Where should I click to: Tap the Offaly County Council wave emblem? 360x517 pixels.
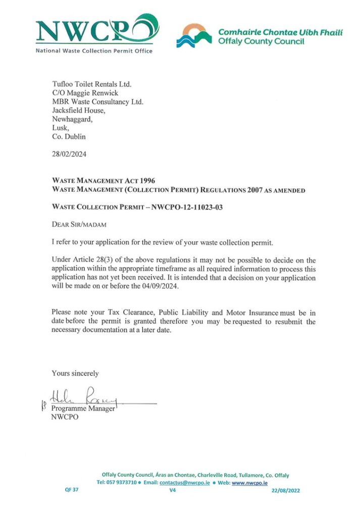point(194,35)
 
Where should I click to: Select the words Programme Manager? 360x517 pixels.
point(83,408)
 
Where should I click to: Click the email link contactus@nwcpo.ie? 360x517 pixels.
point(188,483)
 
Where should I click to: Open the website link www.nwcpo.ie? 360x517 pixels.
point(249,483)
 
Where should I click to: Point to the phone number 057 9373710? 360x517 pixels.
point(119,483)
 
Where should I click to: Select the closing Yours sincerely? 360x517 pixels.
point(75,373)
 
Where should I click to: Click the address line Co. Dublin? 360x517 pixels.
point(69,136)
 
